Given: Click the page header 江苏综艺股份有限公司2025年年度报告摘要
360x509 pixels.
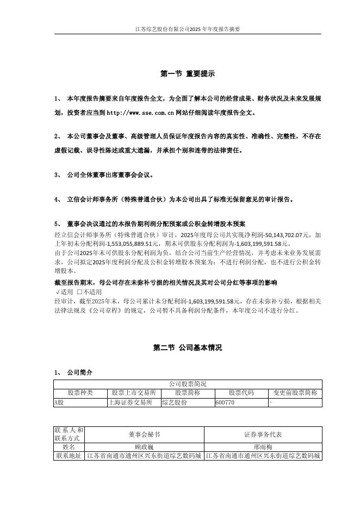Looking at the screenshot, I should pos(187,29).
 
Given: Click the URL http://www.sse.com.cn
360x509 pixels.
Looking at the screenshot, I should pos(140,113).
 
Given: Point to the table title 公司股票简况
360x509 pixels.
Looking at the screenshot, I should pos(188,384).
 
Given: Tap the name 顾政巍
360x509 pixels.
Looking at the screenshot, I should pos(144,446).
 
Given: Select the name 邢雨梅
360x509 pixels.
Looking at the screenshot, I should pos(263,446).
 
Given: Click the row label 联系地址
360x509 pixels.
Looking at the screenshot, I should pos(69,456).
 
